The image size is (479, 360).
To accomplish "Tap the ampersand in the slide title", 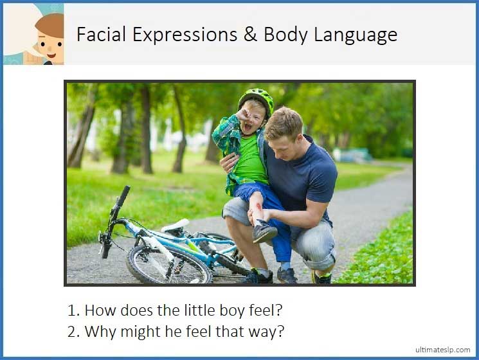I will (250, 34).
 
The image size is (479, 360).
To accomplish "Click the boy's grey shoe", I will (264, 231).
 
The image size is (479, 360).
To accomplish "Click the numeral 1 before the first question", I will (72, 310).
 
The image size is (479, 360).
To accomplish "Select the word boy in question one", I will (217, 311).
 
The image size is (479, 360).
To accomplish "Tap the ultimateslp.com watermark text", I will (442, 350).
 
